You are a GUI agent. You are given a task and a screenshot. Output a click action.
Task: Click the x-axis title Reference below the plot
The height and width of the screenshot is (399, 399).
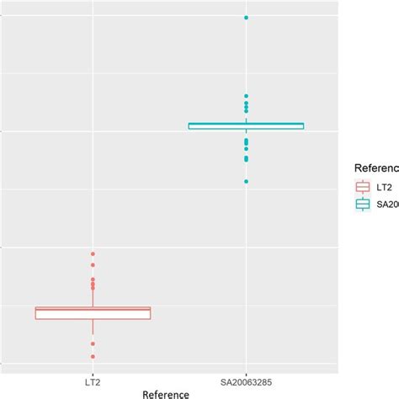(x=165, y=392)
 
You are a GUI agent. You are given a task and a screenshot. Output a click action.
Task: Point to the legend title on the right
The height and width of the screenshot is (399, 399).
(x=375, y=167)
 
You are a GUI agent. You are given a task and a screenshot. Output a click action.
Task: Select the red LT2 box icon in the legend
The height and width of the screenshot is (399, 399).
(x=364, y=186)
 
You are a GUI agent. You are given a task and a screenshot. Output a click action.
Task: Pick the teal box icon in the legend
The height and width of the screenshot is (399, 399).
(x=364, y=203)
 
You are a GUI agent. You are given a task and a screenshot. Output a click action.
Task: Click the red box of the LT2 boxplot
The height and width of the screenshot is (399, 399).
(x=93, y=314)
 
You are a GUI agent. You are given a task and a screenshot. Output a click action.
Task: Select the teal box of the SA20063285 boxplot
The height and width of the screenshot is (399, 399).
(x=246, y=126)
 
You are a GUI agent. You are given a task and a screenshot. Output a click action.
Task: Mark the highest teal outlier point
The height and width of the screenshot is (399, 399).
(x=246, y=18)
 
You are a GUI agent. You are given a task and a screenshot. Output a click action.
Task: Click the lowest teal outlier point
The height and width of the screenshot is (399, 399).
(x=246, y=181)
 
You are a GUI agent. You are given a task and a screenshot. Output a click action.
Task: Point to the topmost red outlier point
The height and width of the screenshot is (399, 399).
(x=93, y=253)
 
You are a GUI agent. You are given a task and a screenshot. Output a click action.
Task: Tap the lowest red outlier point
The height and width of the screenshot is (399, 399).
(x=93, y=357)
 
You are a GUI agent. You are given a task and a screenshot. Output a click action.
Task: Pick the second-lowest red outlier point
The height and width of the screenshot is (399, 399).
(x=93, y=344)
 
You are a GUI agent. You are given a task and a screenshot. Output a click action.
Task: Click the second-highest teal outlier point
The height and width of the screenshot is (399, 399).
(x=246, y=96)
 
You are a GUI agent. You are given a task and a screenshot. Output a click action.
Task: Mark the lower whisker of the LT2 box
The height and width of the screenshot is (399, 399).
(x=93, y=327)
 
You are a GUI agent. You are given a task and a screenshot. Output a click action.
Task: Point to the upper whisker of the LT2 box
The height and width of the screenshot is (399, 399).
(x=93, y=300)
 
